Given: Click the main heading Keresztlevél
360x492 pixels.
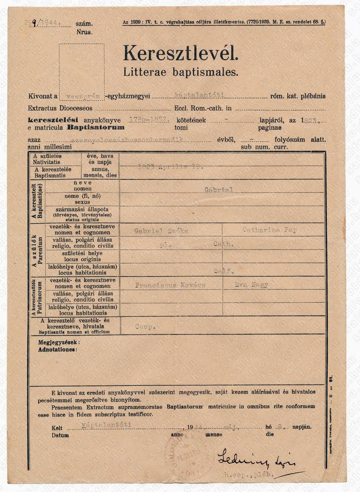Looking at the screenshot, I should point(180,53).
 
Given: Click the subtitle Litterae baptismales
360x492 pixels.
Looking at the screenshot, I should point(180,72).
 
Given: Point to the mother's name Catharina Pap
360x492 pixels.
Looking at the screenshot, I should point(269,230).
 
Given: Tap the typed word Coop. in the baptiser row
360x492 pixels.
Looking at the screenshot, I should point(146,326).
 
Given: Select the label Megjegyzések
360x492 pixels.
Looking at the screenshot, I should point(58,341).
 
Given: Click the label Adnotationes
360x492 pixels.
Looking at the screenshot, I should point(57,349).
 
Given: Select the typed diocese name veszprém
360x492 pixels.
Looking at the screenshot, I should point(77,97).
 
